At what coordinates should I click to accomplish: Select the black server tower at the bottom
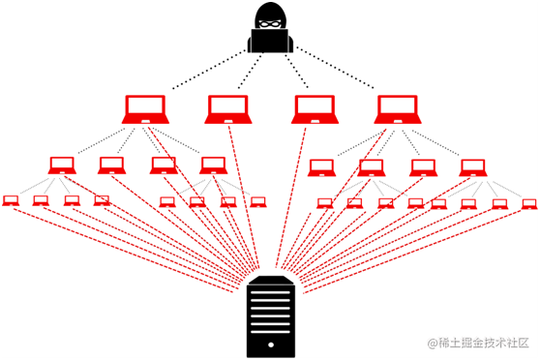271,315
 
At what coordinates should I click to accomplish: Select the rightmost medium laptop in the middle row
472,165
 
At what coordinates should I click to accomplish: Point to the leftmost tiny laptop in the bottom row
11,200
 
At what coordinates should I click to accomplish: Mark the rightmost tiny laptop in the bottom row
528,202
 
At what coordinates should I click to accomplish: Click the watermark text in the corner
481,342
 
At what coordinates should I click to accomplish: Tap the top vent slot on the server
271,291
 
